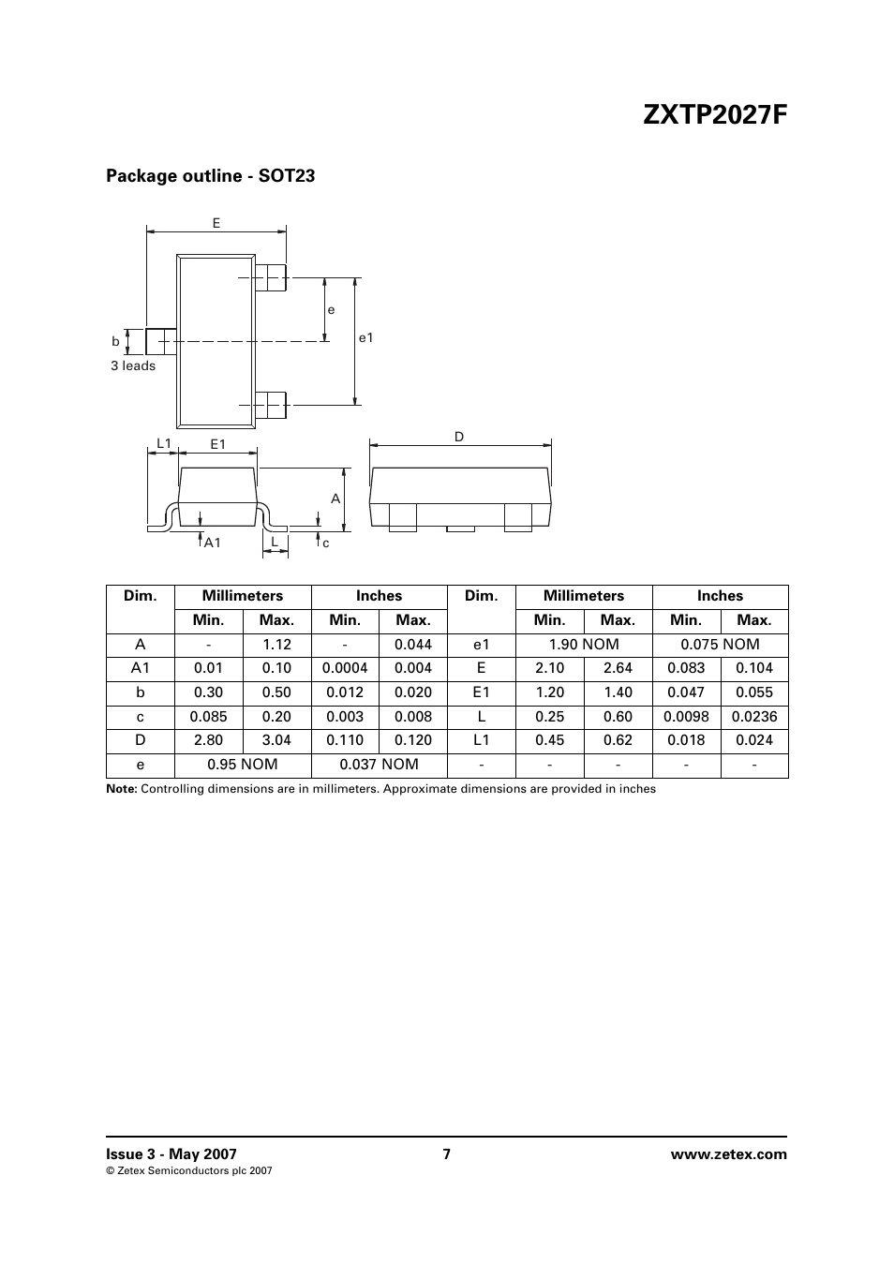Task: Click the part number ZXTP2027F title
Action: pyautogui.click(x=716, y=115)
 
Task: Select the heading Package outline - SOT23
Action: pyautogui.click(x=210, y=176)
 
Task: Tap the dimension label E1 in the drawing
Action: pyautogui.click(x=218, y=444)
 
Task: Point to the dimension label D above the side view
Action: pyautogui.click(x=459, y=438)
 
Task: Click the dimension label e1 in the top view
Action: pyautogui.click(x=366, y=338)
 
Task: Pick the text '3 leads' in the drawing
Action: pyautogui.click(x=133, y=366)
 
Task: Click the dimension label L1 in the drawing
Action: pyautogui.click(x=164, y=443)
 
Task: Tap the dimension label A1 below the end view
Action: pyautogui.click(x=213, y=543)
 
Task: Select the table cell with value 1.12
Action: pyautogui.click(x=277, y=645)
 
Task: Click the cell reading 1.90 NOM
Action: pyautogui.click(x=584, y=645)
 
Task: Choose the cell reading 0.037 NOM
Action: pyautogui.click(x=379, y=765)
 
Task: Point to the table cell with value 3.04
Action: pyautogui.click(x=277, y=740)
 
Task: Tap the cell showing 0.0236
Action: pyautogui.click(x=754, y=717)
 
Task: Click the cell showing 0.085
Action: pyautogui.click(x=209, y=717)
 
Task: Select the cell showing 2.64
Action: pyautogui.click(x=618, y=669)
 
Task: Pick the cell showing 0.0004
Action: pyautogui.click(x=345, y=669)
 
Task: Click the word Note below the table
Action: pyautogui.click(x=121, y=789)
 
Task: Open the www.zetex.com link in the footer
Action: pyautogui.click(x=729, y=1154)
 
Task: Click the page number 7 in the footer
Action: pyautogui.click(x=447, y=1154)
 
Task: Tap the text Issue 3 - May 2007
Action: pyautogui.click(x=171, y=1154)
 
